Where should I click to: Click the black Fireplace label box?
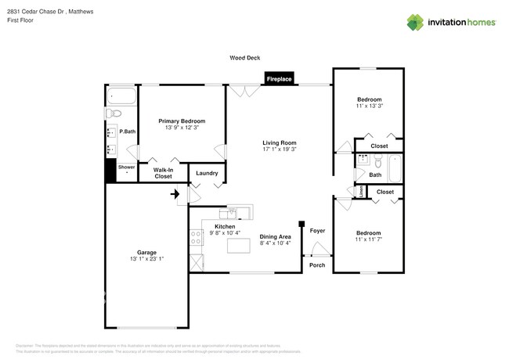coord(280,79)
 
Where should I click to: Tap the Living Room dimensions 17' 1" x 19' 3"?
coord(280,149)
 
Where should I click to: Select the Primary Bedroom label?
coord(182,121)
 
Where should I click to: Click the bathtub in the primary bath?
coord(122,97)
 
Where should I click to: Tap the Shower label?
coord(126,167)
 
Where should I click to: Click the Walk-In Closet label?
coord(163,173)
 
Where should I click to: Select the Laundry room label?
coord(207,173)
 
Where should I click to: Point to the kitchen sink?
coord(236,212)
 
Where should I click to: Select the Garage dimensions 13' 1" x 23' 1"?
coord(146,258)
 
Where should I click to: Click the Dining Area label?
coord(275,236)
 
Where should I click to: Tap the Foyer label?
coord(317,231)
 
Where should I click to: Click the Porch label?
coord(316,265)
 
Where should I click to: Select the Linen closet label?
coord(361,190)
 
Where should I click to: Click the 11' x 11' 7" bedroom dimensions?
coord(369,239)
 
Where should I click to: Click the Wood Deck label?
coord(244,58)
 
